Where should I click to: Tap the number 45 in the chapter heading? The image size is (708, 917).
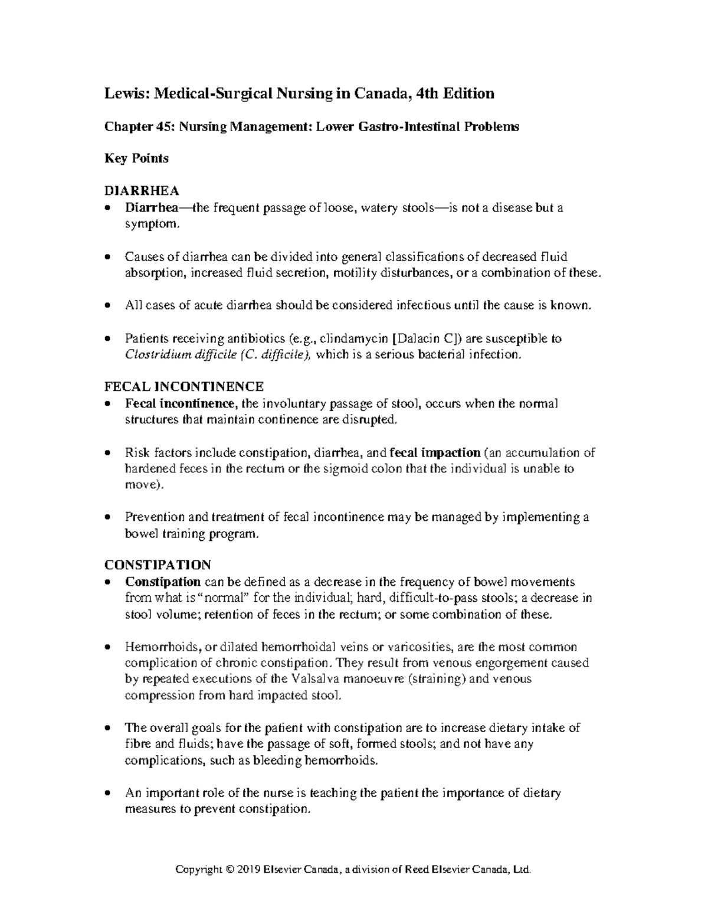[x=158, y=127]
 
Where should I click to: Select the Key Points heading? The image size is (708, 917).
[x=136, y=159]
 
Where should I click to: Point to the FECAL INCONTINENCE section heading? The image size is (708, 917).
[x=183, y=387]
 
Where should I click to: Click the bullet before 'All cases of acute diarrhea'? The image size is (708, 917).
[x=107, y=306]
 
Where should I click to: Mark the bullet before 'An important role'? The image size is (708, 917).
[x=107, y=793]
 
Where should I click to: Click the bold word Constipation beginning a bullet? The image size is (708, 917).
[x=163, y=582]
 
